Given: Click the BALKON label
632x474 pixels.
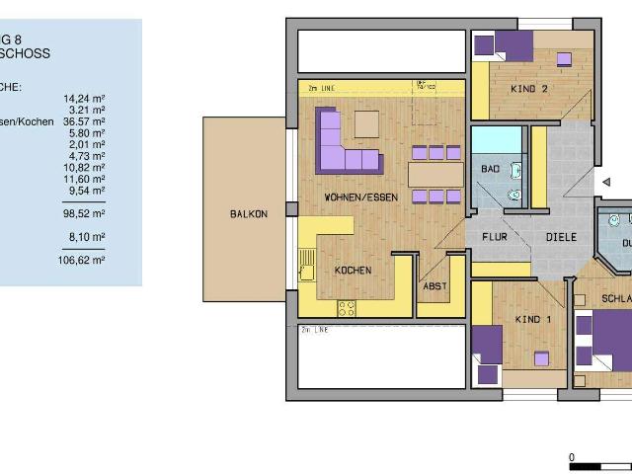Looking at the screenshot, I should pyautogui.click(x=249, y=213).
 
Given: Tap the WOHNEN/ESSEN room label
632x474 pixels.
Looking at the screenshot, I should pyautogui.click(x=360, y=197).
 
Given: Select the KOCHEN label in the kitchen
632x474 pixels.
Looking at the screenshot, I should pyautogui.click(x=352, y=271).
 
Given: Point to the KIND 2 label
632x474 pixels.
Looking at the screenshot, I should pyautogui.click(x=529, y=89).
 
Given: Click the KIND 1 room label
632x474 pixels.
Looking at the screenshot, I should pyautogui.click(x=534, y=320).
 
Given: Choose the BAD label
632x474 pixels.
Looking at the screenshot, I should pyautogui.click(x=490, y=170).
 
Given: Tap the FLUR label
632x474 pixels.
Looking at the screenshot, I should pyautogui.click(x=496, y=238).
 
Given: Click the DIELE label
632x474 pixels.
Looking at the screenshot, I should pyautogui.click(x=561, y=238).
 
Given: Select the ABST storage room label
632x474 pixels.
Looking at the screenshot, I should pyautogui.click(x=434, y=286).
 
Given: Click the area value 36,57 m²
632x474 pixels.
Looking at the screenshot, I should pyautogui.click(x=84, y=121).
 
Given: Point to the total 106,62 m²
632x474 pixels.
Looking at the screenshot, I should pyautogui.click(x=84, y=260).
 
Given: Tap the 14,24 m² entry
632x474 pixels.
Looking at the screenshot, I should pyautogui.click(x=84, y=99).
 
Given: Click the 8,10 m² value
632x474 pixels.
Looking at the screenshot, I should pyautogui.click(x=87, y=237).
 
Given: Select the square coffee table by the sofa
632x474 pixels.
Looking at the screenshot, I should pyautogui.click(x=366, y=123).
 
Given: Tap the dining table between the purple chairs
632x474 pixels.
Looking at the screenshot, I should pyautogui.click(x=434, y=174).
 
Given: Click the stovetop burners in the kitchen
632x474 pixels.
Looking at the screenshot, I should pyautogui.click(x=347, y=307).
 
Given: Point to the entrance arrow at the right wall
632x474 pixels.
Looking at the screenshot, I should pyautogui.click(x=605, y=183).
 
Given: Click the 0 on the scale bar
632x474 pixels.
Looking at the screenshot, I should pyautogui.click(x=572, y=457).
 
